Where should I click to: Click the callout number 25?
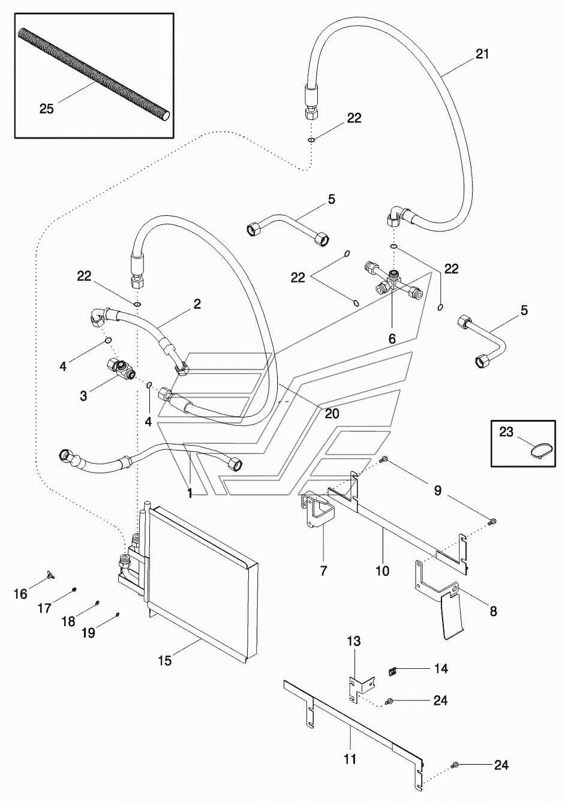click(x=47, y=109)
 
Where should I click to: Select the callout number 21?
click(x=482, y=54)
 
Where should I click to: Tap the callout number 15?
click(x=165, y=660)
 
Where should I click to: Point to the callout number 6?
click(x=392, y=338)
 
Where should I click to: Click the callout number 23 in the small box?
click(x=506, y=432)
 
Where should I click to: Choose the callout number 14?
click(x=441, y=668)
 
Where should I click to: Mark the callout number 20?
click(x=332, y=413)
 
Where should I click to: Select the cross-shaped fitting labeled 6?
click(x=393, y=280)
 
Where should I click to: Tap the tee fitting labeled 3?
click(x=121, y=370)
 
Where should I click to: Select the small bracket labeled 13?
click(x=361, y=686)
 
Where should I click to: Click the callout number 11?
click(x=350, y=758)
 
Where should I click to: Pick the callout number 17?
click(x=45, y=608)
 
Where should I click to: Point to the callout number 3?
click(x=83, y=396)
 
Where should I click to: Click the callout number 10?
click(x=382, y=570)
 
